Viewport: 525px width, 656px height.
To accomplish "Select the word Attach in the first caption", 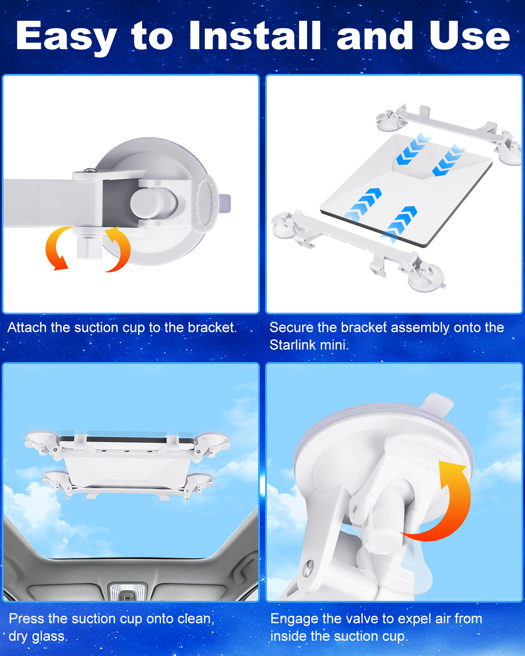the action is [27, 328].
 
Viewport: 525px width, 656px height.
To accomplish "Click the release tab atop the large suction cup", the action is [437, 402].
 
